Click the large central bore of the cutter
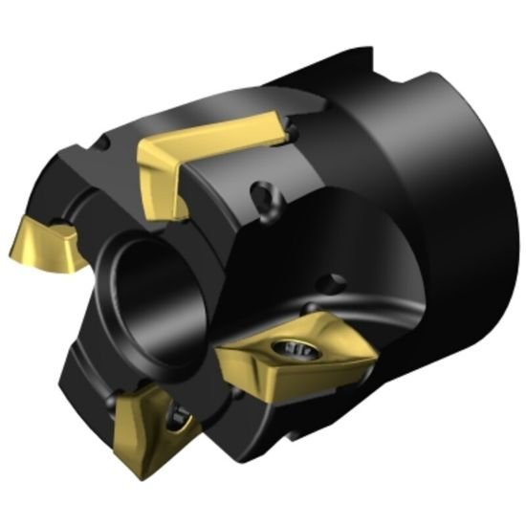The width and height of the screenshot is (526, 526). tap(153, 296)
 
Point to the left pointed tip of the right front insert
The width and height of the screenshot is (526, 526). tap(217, 358)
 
